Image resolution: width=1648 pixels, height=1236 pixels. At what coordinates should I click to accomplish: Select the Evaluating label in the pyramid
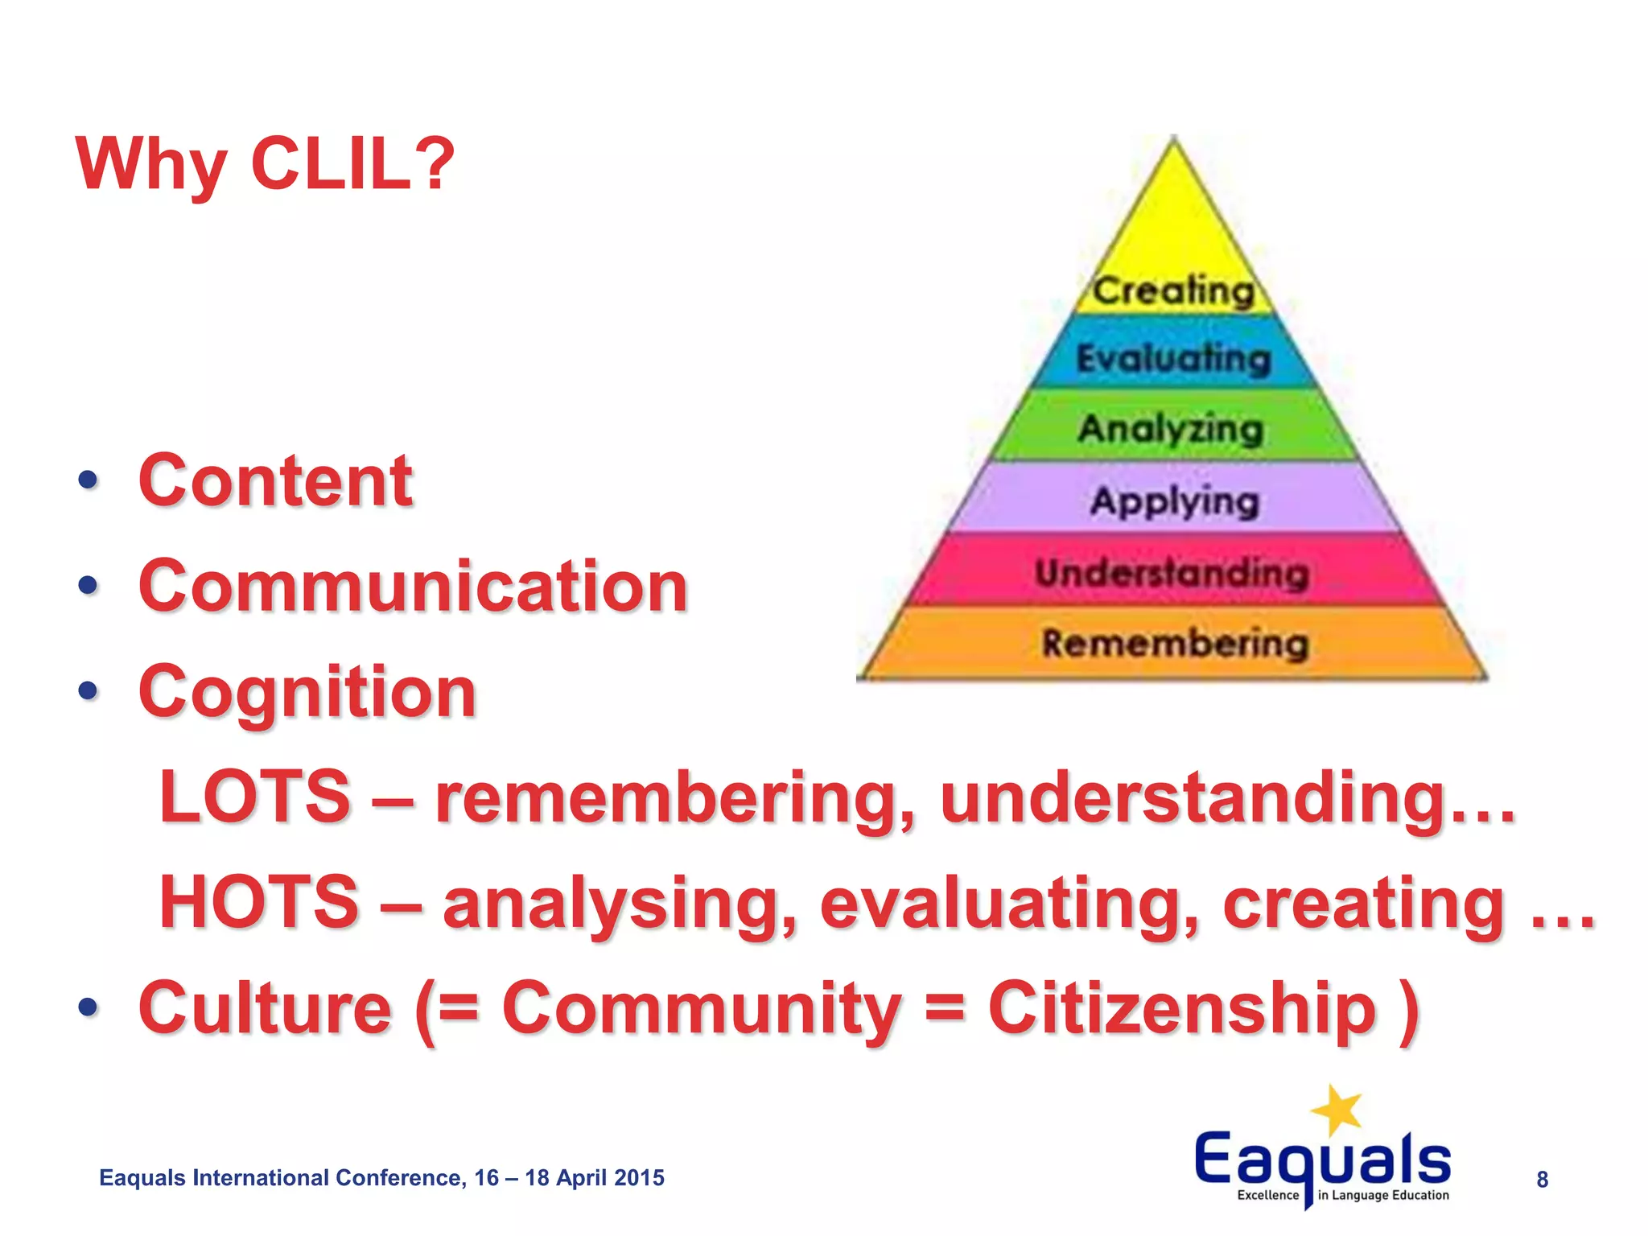(1173, 358)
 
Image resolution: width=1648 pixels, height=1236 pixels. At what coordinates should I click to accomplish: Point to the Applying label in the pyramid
(1174, 501)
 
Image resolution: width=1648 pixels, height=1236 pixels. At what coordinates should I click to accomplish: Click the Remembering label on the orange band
(1175, 644)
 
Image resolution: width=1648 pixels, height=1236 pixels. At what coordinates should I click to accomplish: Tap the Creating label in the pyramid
(1173, 290)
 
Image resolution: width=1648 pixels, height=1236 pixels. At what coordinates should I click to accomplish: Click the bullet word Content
(275, 480)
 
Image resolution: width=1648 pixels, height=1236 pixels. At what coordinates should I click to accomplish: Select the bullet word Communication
(413, 586)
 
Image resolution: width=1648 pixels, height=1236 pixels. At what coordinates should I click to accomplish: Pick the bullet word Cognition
(307, 692)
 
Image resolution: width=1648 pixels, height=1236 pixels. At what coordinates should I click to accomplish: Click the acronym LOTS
(255, 797)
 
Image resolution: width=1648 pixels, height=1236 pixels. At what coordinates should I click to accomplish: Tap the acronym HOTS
(258, 902)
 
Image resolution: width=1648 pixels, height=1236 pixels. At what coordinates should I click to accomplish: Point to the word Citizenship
(1181, 1008)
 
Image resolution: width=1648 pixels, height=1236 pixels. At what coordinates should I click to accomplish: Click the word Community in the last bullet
(701, 1008)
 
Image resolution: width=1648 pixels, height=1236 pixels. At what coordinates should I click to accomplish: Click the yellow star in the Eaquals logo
(1337, 1110)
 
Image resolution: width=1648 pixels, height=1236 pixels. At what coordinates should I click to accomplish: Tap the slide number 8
(1542, 1180)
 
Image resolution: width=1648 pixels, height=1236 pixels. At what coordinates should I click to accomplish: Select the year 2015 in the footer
(639, 1178)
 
